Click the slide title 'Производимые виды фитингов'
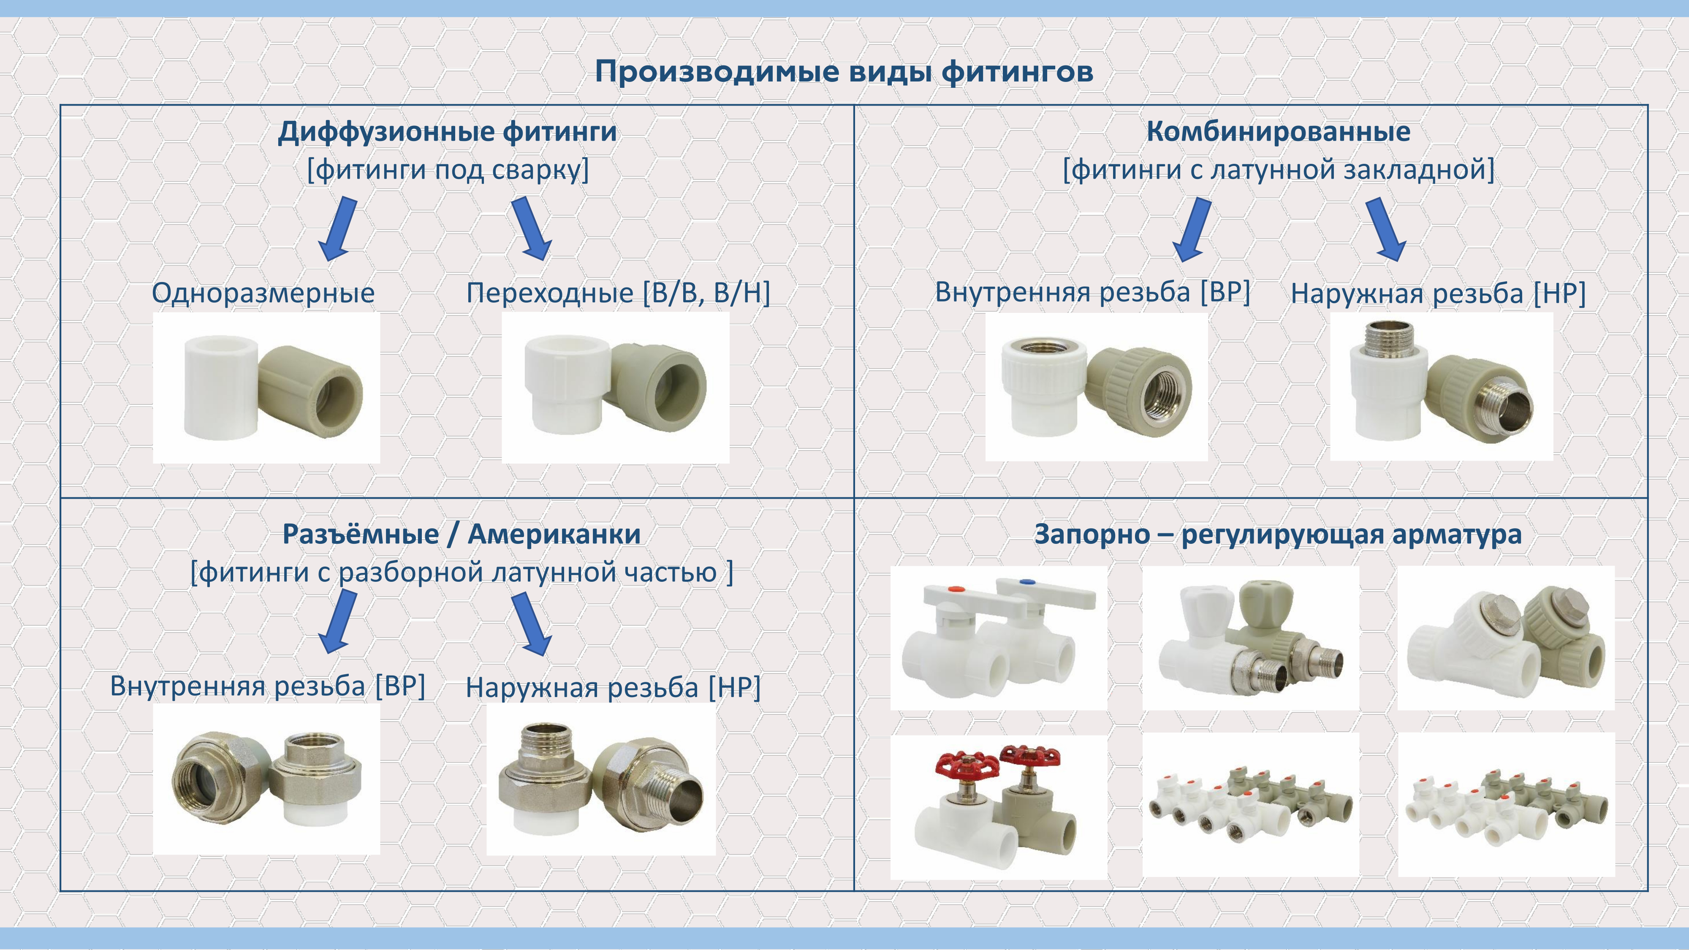click(844, 71)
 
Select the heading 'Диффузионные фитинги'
click(447, 132)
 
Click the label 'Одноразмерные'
click(263, 293)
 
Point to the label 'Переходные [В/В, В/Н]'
click(618, 293)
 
